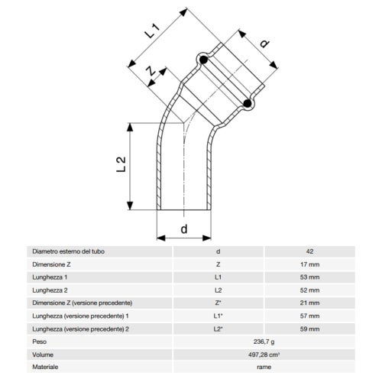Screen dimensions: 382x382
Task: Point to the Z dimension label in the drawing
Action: pos(151,73)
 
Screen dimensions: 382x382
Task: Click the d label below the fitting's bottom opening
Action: pos(183,229)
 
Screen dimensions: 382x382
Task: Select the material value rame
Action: pos(264,367)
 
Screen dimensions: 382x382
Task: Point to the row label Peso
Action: pos(39,342)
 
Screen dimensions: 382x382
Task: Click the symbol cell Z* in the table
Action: pos(218,303)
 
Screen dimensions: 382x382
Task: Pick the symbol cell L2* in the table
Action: pos(218,329)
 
